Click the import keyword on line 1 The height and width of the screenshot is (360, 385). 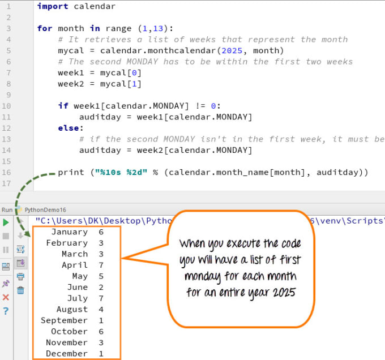pyautogui.click(x=53, y=6)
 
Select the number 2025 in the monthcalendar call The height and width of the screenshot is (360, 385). pyautogui.click(x=232, y=50)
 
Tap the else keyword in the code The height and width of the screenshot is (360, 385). pyautogui.click(x=69, y=128)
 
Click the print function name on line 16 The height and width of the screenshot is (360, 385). pyautogui.click(x=71, y=173)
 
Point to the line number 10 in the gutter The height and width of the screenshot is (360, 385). pyautogui.click(x=6, y=106)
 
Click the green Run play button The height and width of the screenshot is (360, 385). pyautogui.click(x=6, y=222)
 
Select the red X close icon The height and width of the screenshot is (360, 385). pyautogui.click(x=6, y=297)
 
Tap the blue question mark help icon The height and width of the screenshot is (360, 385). pyautogui.click(x=6, y=311)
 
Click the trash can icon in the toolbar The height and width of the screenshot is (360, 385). pyautogui.click(x=20, y=290)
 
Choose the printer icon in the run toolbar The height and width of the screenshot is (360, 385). pyautogui.click(x=20, y=277)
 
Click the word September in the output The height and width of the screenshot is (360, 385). pyautogui.click(x=64, y=320)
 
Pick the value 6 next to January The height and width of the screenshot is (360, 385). pyautogui.click(x=101, y=232)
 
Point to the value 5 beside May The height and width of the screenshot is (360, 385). pyautogui.click(x=101, y=276)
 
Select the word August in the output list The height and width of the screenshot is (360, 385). pyautogui.click(x=72, y=310)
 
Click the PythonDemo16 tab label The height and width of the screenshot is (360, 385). pyautogui.click(x=45, y=210)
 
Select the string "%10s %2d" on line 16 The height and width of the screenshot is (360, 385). pyautogui.click(x=121, y=172)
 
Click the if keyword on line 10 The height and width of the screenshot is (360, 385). pyautogui.click(x=63, y=106)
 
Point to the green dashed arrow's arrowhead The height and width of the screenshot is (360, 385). pyautogui.click(x=28, y=233)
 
